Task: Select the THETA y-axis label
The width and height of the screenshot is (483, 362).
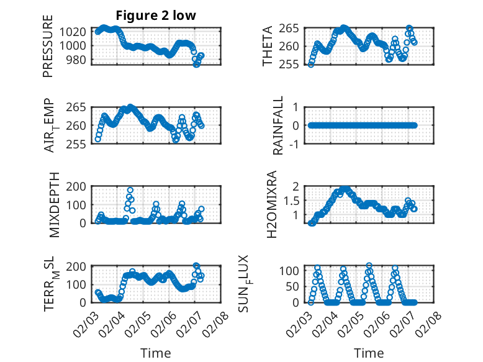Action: coord(268,46)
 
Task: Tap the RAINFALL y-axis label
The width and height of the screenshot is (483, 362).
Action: coord(278,125)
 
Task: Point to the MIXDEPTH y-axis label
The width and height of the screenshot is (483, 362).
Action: coord(53,204)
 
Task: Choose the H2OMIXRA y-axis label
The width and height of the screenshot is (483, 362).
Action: coord(271,204)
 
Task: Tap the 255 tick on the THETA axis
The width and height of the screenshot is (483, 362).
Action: coord(294,65)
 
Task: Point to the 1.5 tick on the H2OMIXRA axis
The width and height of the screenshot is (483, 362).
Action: coord(294,201)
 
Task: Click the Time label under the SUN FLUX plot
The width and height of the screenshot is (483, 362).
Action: coord(369,353)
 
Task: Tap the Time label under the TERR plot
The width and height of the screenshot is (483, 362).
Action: coord(156,353)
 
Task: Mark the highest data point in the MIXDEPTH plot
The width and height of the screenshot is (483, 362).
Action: coord(130,190)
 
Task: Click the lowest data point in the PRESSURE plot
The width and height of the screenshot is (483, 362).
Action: coord(197,65)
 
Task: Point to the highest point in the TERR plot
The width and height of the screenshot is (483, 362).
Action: coord(197,266)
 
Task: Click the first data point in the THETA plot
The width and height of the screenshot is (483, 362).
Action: coord(311,65)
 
